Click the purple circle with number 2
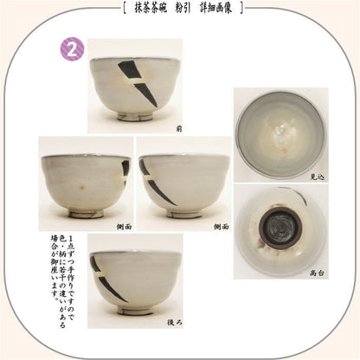point(71,50)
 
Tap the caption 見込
point(318,177)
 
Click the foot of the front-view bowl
point(135,115)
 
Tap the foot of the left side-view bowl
point(85,212)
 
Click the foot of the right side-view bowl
point(184,212)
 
